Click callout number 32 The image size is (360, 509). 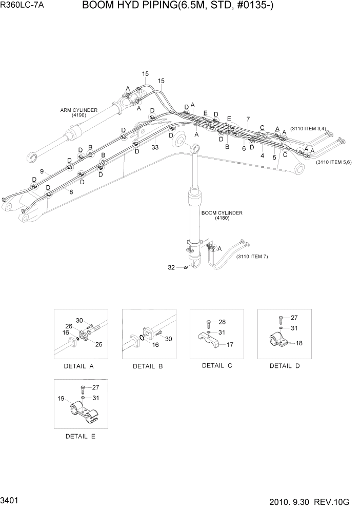tap(171, 267)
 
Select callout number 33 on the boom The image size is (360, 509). tap(155, 147)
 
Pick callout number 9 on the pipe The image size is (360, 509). tap(42, 171)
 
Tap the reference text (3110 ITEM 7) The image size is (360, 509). tap(252, 257)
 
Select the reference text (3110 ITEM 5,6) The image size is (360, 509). tap(333, 162)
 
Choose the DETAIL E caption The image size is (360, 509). tap(80, 436)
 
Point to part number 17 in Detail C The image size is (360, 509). tap(230, 344)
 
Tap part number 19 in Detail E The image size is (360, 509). tap(61, 398)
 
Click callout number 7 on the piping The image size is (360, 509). tap(248, 119)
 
